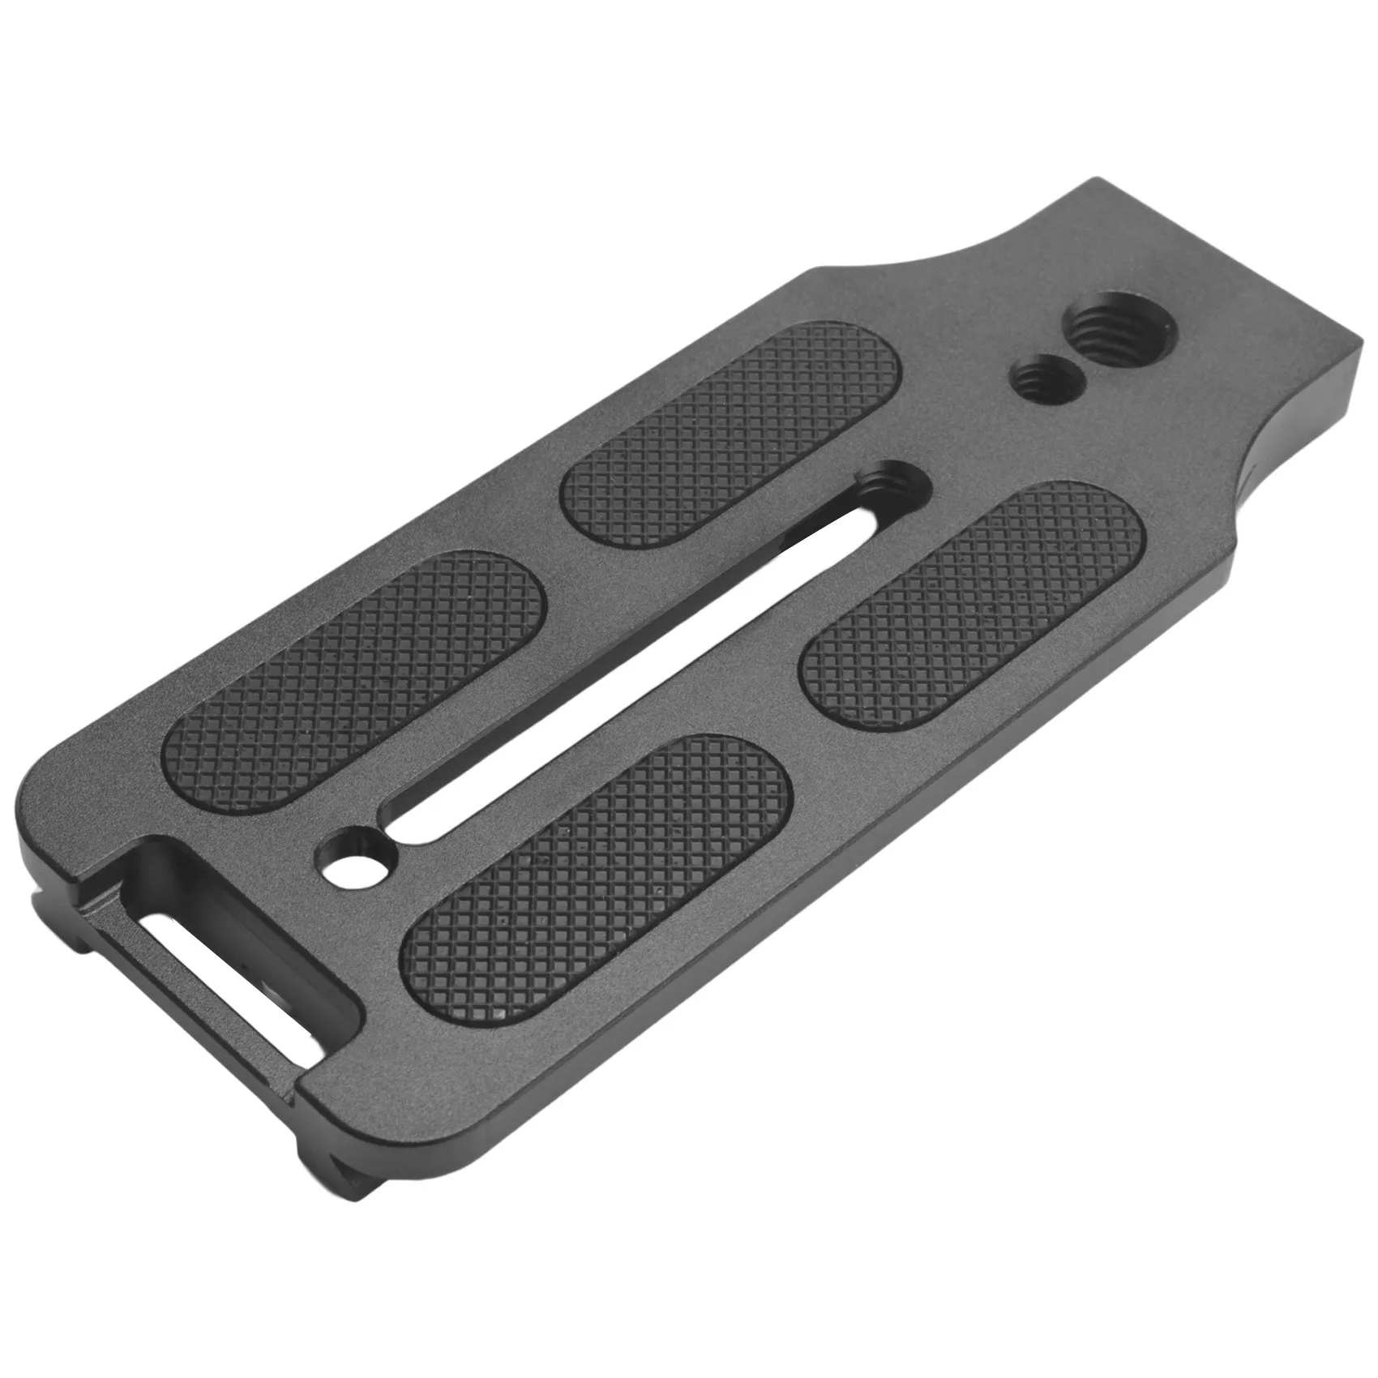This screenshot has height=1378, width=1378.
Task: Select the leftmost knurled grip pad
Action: coord(357,665)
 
